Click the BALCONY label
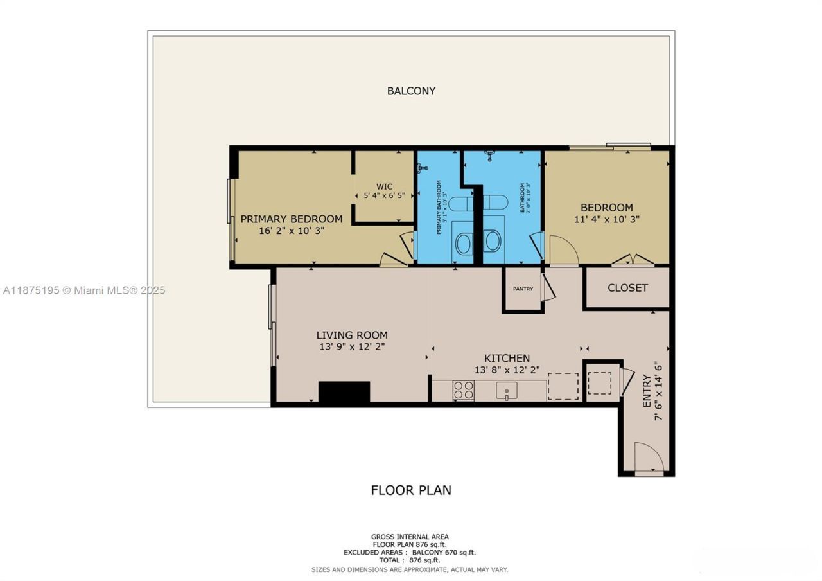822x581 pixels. click(x=411, y=91)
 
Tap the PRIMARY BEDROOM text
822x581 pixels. click(x=292, y=219)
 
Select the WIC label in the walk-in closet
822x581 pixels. click(x=384, y=187)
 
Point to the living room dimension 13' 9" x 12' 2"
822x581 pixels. click(x=352, y=347)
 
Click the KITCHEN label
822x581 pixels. click(x=507, y=358)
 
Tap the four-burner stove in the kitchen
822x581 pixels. click(x=464, y=390)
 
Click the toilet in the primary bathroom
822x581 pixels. click(x=460, y=204)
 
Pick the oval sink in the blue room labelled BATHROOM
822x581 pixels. click(x=493, y=242)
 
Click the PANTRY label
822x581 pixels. click(x=523, y=289)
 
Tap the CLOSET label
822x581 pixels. click(x=627, y=288)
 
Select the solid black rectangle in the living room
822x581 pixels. click(x=344, y=392)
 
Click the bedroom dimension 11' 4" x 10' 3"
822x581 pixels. click(x=606, y=219)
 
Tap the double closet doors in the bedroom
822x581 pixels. click(x=633, y=260)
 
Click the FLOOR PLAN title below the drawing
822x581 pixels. click(x=411, y=490)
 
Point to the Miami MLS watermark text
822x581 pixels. click(x=83, y=290)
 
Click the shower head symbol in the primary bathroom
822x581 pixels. click(x=422, y=168)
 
